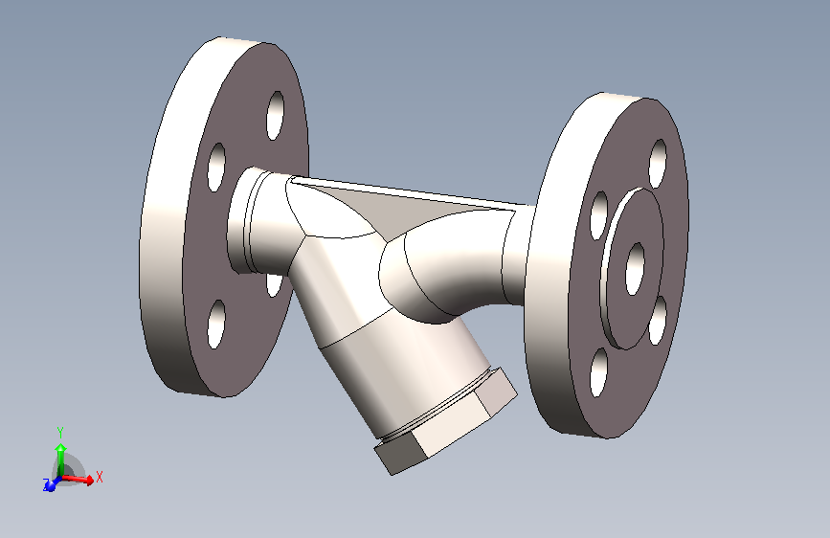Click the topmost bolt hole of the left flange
pyautogui.click(x=276, y=115)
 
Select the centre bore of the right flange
pyautogui.click(x=635, y=268)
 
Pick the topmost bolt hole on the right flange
pyautogui.click(x=658, y=163)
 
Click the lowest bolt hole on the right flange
pyautogui.click(x=598, y=371)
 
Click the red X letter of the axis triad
pyautogui.click(x=100, y=476)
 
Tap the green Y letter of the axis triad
pyautogui.click(x=59, y=432)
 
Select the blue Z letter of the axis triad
pyautogui.click(x=45, y=486)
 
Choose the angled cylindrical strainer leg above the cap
pyautogui.click(x=383, y=364)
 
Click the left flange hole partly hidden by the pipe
pyautogui.click(x=274, y=284)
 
